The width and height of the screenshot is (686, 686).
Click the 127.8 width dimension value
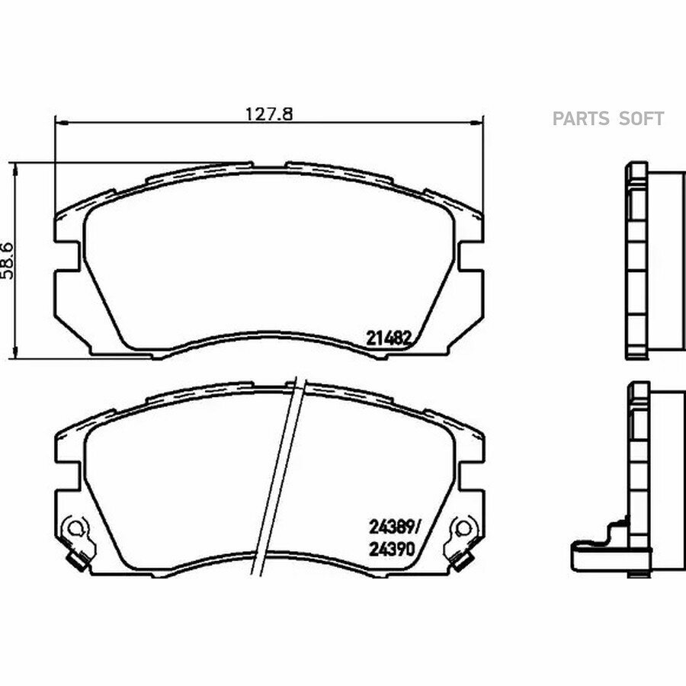point(268,114)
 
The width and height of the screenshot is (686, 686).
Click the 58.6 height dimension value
point(8,261)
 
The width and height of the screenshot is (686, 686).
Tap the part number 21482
point(389,338)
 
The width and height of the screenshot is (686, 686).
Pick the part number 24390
point(392,550)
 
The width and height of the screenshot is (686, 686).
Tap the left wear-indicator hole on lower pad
point(75,527)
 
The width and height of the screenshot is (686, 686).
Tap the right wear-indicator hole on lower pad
point(463,528)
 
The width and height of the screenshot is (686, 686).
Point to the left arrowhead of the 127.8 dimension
point(59,123)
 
